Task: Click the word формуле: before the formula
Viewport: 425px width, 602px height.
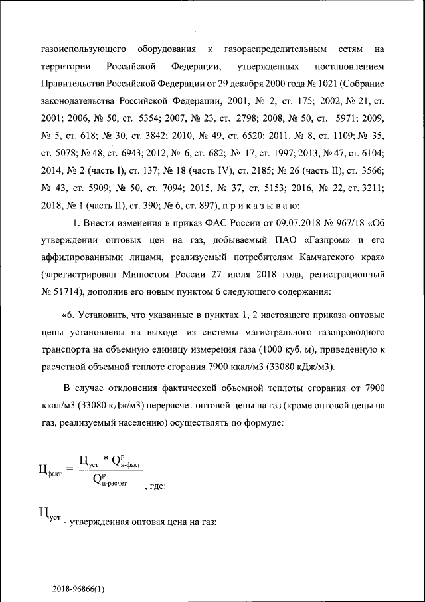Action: coord(265,422)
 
